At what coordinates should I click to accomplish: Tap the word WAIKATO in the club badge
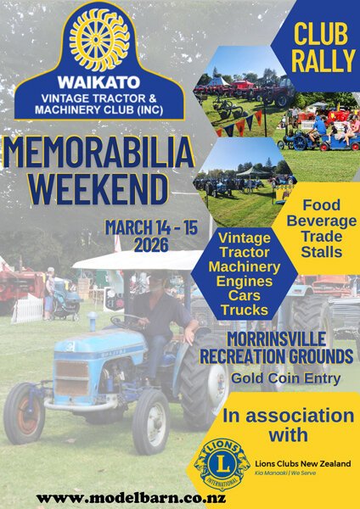click(x=99, y=82)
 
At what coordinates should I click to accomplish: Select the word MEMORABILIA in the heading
click(x=98, y=153)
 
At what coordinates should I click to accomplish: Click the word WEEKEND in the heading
click(x=98, y=189)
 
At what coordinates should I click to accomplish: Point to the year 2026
click(x=151, y=245)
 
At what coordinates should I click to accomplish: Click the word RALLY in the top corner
click(x=323, y=61)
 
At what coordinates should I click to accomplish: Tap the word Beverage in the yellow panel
click(x=321, y=221)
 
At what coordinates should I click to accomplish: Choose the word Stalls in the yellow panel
click(x=321, y=252)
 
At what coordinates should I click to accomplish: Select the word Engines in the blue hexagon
click(x=245, y=282)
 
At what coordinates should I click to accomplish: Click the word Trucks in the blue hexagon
click(x=245, y=310)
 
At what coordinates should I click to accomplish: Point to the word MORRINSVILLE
click(x=276, y=339)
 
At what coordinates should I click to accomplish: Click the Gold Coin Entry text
click(x=286, y=378)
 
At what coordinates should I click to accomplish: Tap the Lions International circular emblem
click(x=222, y=464)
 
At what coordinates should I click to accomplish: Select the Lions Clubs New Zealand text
click(x=303, y=463)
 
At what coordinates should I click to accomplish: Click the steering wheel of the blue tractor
click(x=127, y=321)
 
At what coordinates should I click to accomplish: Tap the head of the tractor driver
click(x=158, y=281)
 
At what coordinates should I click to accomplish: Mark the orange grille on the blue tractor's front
click(x=72, y=378)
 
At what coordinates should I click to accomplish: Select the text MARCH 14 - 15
click(x=151, y=227)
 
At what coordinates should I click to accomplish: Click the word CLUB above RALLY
click(x=321, y=34)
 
